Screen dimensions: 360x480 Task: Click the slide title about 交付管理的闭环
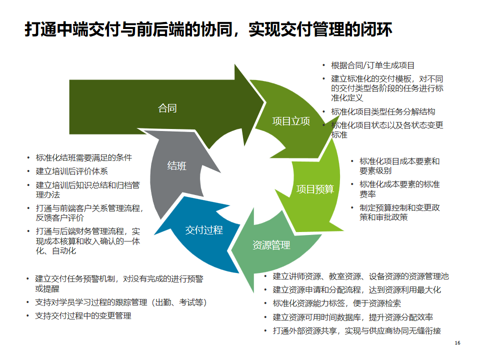208,29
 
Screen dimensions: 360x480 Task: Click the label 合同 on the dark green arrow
167,108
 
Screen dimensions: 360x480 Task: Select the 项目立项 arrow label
291,121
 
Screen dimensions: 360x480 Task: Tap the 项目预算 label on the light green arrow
315,189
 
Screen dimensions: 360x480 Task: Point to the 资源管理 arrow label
271,245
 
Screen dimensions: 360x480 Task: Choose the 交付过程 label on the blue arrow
204,230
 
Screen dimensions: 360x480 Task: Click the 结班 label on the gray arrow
176,166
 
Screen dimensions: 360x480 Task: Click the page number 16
457,343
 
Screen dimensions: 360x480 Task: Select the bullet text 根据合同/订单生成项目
372,65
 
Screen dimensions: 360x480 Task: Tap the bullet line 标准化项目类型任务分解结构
383,111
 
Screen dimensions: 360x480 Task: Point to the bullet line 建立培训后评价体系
72,171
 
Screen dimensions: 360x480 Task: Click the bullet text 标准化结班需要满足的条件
84,157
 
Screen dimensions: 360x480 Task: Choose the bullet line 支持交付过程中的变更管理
83,316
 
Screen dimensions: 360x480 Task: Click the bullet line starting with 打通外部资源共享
356,331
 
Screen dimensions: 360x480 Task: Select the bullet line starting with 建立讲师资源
360,276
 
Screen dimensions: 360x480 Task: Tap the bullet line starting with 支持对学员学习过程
121,302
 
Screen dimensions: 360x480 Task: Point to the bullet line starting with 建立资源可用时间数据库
352,317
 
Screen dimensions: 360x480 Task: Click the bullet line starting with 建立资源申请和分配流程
356,289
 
